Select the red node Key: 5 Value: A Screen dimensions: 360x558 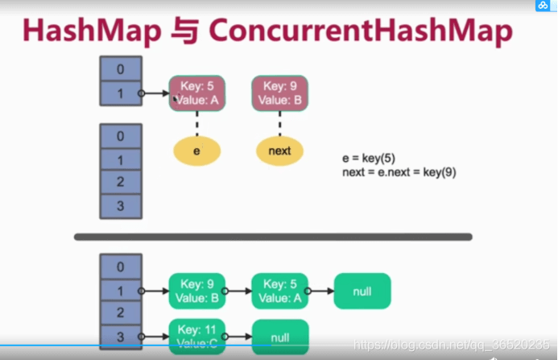point(197,93)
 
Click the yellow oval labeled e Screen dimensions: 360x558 point(197,151)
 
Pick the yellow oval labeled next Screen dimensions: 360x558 point(279,151)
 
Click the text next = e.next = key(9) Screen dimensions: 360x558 point(399,172)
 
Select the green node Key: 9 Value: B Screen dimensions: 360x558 point(196,291)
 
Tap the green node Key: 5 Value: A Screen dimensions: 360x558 point(279,291)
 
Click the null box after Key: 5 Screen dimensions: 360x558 point(362,291)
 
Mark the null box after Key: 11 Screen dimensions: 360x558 point(279,337)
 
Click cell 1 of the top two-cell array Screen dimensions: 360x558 point(121,93)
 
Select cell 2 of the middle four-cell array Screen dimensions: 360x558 point(121,182)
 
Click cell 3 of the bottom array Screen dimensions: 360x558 point(121,335)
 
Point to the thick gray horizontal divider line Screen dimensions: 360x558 point(273,237)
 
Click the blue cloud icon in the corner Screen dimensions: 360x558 point(543,6)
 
